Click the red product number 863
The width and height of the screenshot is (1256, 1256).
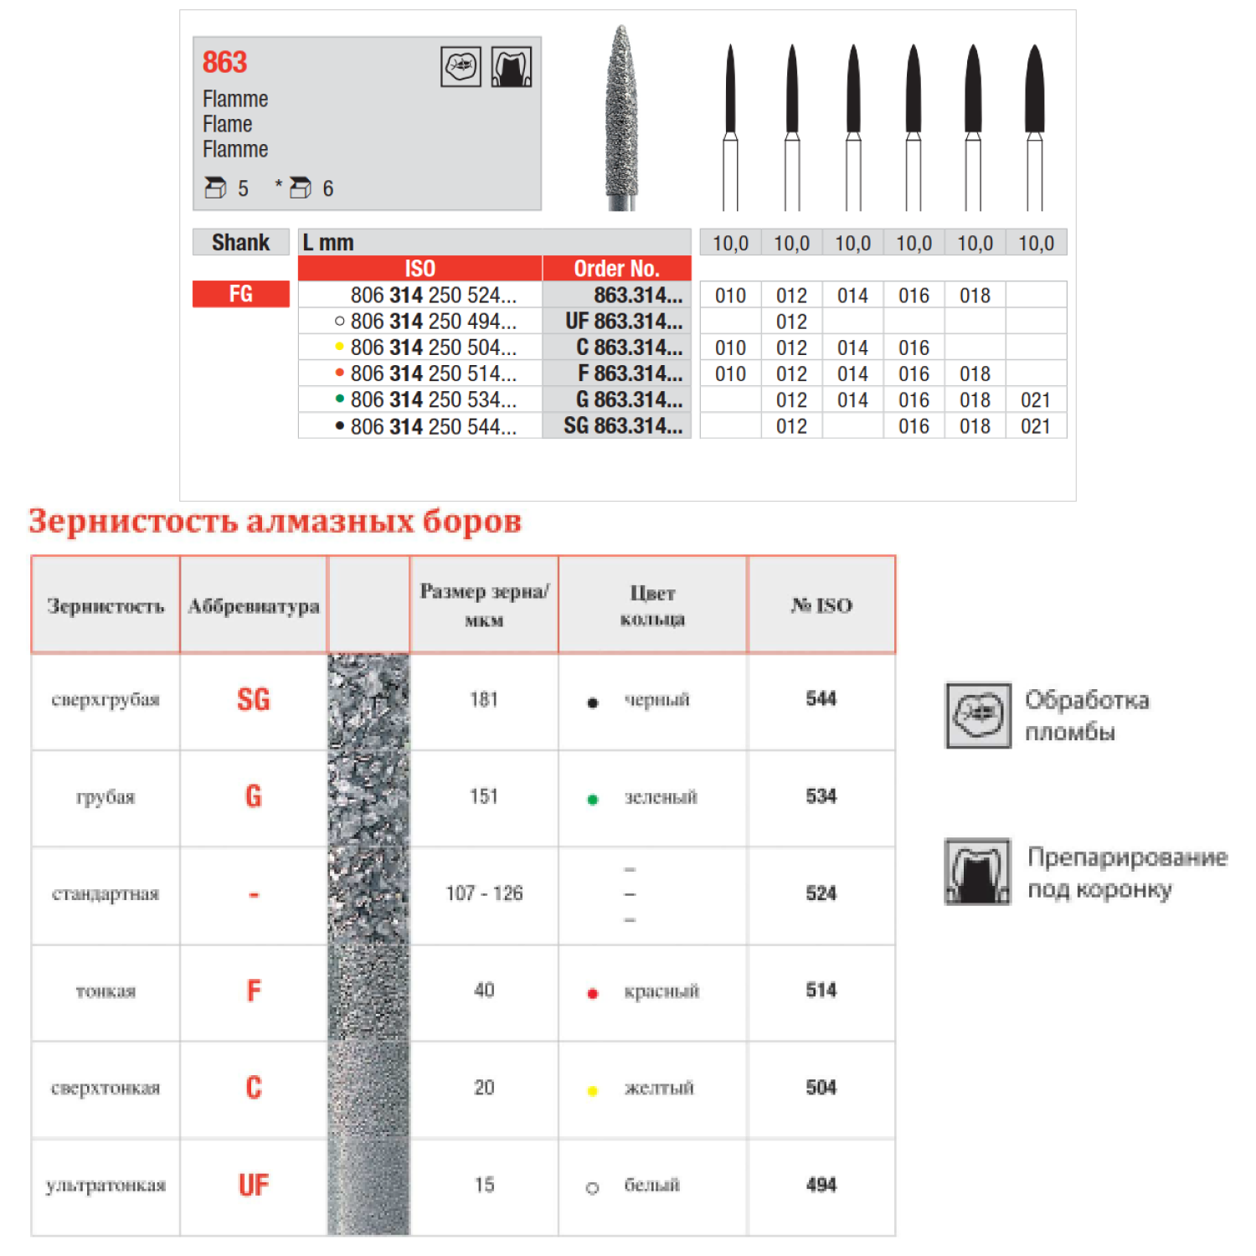click(224, 62)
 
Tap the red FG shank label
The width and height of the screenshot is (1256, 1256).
click(241, 294)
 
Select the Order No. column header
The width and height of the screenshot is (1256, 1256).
click(616, 269)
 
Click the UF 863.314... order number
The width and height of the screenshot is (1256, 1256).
click(623, 322)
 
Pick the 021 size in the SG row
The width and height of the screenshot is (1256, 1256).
click(1035, 426)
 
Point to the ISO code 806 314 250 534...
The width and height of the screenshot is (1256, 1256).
click(432, 400)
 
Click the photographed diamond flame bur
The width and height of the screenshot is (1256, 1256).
click(620, 117)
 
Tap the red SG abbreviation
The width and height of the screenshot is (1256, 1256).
click(254, 699)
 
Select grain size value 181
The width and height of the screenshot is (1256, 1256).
click(484, 699)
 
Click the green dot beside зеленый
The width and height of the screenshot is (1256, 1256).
click(593, 800)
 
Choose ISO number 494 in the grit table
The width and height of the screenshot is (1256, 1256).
click(821, 1185)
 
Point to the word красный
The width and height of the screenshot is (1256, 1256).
click(661, 991)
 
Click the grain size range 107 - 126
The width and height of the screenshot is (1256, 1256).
click(484, 893)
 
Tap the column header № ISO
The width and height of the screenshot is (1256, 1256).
click(821, 605)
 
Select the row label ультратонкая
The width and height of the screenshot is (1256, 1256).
click(106, 1185)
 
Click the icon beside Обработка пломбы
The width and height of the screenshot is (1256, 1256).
click(977, 715)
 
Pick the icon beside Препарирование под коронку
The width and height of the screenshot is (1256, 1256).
click(977, 872)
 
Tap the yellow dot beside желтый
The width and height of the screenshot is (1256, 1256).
click(593, 1091)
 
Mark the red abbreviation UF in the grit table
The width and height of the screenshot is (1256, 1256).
click(254, 1185)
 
